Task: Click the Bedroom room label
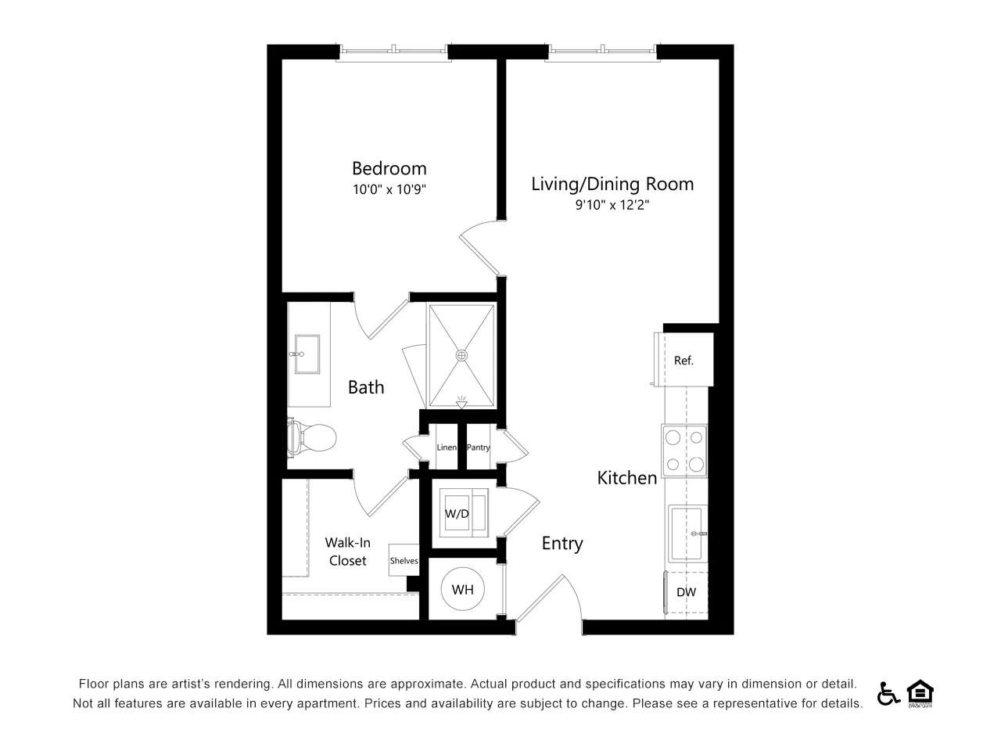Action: tap(389, 169)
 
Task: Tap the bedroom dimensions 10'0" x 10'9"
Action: tap(389, 189)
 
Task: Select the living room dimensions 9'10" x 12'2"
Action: tap(612, 205)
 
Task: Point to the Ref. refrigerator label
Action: tap(683, 360)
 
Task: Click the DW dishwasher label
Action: tap(686, 592)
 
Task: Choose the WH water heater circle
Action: tap(462, 588)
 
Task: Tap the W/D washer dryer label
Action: tap(457, 514)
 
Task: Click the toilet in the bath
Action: tap(312, 438)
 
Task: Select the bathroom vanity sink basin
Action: tap(307, 354)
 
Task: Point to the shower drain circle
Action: tap(461, 355)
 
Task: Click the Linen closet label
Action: tap(447, 447)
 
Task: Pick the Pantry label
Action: tap(479, 447)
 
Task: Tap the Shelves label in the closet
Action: tap(404, 560)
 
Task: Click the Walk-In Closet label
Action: tap(347, 552)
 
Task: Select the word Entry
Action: tap(562, 544)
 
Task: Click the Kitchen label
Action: tap(627, 478)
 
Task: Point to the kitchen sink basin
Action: tap(687, 533)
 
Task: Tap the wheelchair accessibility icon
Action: tap(888, 693)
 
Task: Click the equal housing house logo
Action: tap(920, 692)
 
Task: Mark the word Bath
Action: tap(366, 387)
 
